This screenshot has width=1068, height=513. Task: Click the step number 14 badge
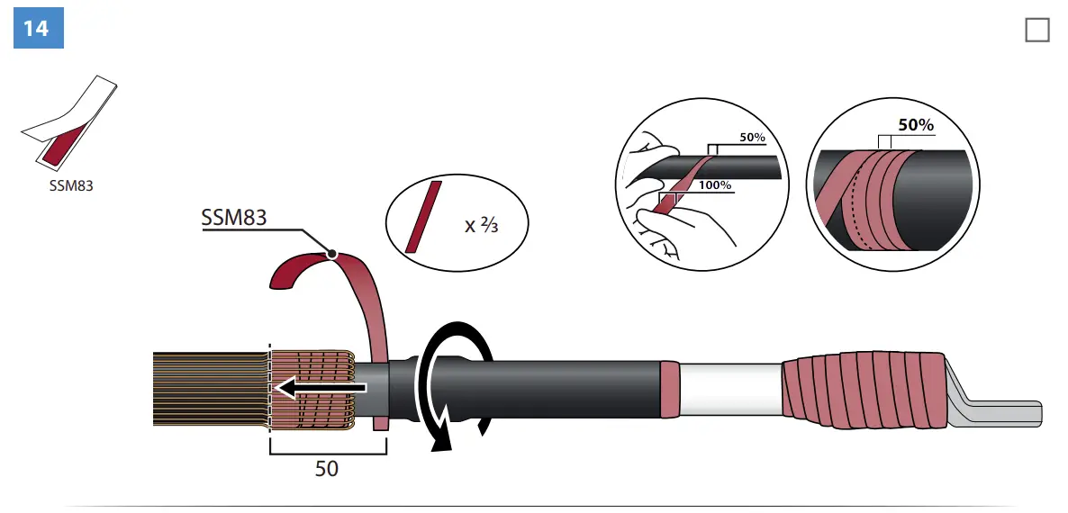(36, 28)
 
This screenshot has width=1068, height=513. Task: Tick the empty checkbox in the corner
(1037, 30)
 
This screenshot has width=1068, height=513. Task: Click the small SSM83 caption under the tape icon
(71, 187)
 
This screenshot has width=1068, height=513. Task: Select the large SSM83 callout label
(234, 218)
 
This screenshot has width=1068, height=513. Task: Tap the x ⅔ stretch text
(482, 224)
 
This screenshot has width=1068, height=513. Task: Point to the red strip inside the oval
(423, 216)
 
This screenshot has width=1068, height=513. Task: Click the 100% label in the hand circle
(715, 185)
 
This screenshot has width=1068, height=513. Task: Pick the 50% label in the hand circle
(751, 137)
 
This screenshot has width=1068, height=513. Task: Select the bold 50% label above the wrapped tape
(916, 125)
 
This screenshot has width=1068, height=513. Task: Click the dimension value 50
(327, 468)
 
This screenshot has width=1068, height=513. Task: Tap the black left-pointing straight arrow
(320, 387)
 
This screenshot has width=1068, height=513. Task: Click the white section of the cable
(730, 389)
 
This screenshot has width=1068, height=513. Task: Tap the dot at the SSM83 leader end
(332, 255)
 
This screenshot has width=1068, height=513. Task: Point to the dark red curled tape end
(297, 270)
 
